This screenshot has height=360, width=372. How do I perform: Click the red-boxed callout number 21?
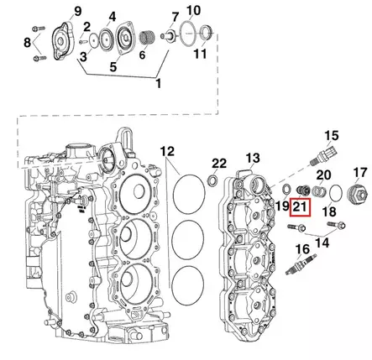coord(300,207)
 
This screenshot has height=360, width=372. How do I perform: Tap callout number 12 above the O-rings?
coord(167,152)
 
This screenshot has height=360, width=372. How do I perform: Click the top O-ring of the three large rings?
coord(189,195)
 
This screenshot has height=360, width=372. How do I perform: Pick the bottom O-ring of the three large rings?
coord(188,285)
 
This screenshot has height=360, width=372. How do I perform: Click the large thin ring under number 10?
coord(190,34)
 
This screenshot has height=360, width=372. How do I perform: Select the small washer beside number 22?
coord(213,180)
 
